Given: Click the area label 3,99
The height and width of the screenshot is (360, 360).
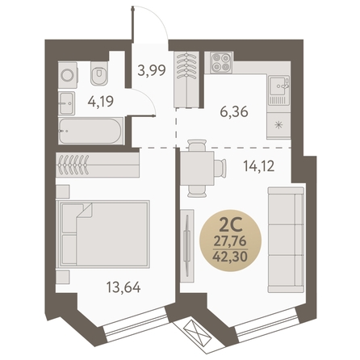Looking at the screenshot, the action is click(x=152, y=70).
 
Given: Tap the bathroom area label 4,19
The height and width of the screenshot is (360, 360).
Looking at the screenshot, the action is click(x=101, y=101).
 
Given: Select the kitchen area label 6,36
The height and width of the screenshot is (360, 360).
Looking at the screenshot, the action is click(x=234, y=111).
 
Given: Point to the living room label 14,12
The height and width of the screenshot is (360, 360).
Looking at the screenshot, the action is click(x=259, y=166).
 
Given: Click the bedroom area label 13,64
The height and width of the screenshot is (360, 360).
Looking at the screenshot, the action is click(x=123, y=287).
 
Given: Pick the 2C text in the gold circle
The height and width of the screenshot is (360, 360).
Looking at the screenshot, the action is click(x=231, y=226).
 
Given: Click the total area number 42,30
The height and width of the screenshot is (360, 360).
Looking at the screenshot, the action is click(x=230, y=257).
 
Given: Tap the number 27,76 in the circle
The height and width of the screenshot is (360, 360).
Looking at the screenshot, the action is click(x=230, y=241).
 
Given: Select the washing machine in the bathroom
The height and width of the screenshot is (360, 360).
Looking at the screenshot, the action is click(x=68, y=75).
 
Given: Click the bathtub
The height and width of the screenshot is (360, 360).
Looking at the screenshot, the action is click(x=91, y=131).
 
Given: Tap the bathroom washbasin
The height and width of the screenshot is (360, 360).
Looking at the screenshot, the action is click(x=66, y=103).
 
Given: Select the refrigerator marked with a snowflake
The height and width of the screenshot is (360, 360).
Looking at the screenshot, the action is click(x=278, y=125).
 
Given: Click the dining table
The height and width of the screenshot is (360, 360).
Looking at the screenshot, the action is click(x=197, y=169).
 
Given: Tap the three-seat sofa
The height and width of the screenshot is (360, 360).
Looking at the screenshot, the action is click(x=286, y=240).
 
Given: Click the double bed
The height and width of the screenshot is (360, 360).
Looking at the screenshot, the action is click(x=104, y=234).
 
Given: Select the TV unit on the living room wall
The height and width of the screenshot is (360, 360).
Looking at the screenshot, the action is click(x=187, y=245).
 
